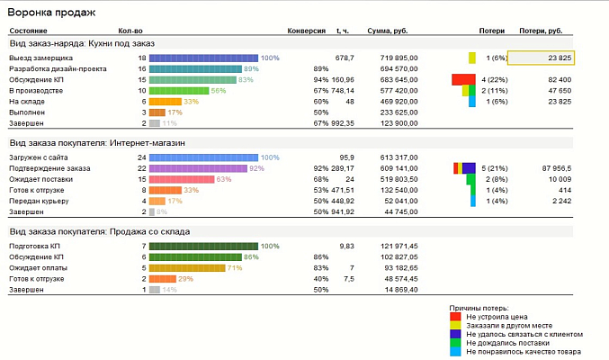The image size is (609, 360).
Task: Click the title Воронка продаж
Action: [x=45, y=13]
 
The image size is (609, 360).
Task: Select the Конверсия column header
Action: [x=306, y=31]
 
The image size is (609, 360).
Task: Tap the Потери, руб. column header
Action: [x=542, y=31]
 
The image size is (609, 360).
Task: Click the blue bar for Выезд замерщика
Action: [x=204, y=58]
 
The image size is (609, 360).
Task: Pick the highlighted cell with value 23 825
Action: [x=542, y=58]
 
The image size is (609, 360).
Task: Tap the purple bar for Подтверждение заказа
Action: [x=198, y=168]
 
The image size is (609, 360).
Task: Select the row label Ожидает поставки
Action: [x=38, y=179]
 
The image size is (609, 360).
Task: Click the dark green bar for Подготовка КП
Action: [x=204, y=246]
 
